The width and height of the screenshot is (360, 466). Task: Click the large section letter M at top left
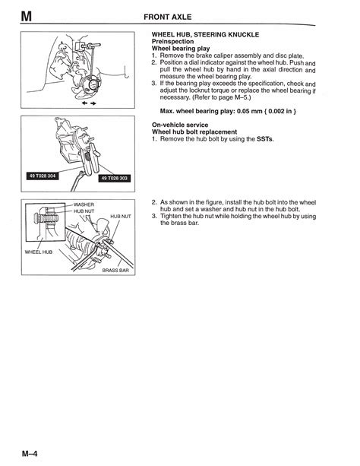(x=26, y=17)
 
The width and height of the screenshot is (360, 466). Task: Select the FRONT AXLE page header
(x=168, y=17)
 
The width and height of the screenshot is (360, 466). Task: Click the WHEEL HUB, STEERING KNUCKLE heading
(x=205, y=34)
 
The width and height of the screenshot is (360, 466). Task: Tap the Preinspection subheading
(x=172, y=41)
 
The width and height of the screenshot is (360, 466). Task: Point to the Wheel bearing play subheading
(x=181, y=49)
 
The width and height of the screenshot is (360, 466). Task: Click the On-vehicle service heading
(x=180, y=125)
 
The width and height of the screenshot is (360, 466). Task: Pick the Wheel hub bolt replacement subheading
(x=194, y=132)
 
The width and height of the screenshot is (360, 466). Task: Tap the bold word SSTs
(x=264, y=139)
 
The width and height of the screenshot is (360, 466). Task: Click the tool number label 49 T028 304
(x=43, y=176)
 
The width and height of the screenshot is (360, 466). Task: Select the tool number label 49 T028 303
(x=115, y=178)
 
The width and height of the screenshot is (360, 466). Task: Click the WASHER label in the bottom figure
(x=84, y=204)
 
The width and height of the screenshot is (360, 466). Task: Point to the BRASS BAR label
(x=115, y=270)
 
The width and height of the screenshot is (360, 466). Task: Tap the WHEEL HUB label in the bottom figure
(x=38, y=252)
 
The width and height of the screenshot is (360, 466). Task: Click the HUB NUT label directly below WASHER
(x=84, y=211)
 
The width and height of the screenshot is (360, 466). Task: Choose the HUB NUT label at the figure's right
(x=121, y=217)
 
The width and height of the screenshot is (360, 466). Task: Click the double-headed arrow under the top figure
(x=89, y=103)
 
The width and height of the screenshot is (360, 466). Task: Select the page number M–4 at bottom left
(x=30, y=454)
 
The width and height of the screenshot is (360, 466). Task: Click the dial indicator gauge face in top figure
(x=93, y=84)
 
